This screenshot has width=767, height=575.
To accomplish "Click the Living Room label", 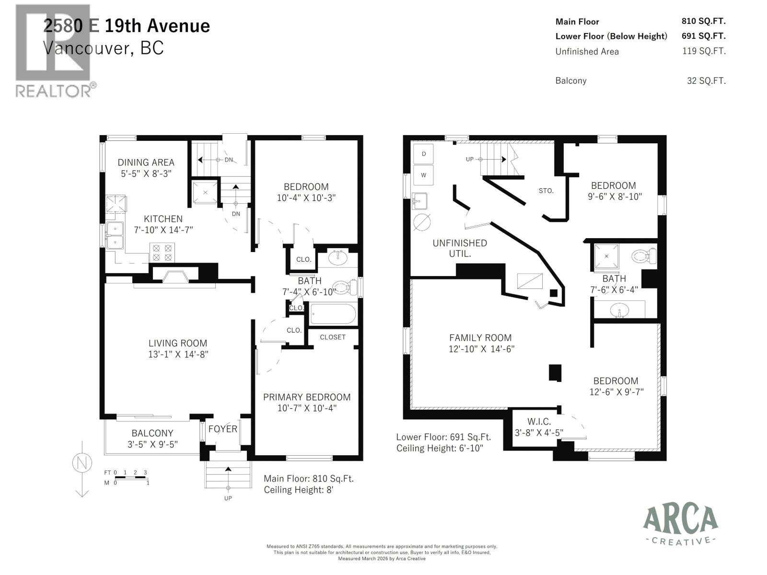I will pos(177,343).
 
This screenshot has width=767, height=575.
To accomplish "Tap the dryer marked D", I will pos(423,154).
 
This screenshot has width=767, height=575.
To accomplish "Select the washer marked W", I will pos(423,175).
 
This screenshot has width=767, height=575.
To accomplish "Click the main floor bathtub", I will pos(333,314).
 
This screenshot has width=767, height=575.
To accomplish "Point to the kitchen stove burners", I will pos(162,253).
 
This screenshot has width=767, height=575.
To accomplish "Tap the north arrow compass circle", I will pos(82,463).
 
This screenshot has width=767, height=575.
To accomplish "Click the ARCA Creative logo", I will pos(680,525).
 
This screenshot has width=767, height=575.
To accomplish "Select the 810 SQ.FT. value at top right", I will pos(703,21).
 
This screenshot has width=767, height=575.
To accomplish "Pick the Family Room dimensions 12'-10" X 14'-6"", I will pos(481,349).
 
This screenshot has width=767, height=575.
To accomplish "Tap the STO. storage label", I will pos(546,191).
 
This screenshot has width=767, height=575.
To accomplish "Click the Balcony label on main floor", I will pos(152,433).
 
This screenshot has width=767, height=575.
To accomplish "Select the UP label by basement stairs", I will pos(470,159).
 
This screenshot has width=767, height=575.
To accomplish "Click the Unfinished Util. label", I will pos(459,248).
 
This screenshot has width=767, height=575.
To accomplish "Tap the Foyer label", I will pos(223,428).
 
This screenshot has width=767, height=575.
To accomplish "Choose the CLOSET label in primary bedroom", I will pos(333,337).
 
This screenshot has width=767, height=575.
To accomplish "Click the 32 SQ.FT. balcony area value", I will pos(706,80).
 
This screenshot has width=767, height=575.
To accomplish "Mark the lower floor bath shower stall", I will pos(606,256).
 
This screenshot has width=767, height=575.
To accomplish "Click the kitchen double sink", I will pos(115,235).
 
